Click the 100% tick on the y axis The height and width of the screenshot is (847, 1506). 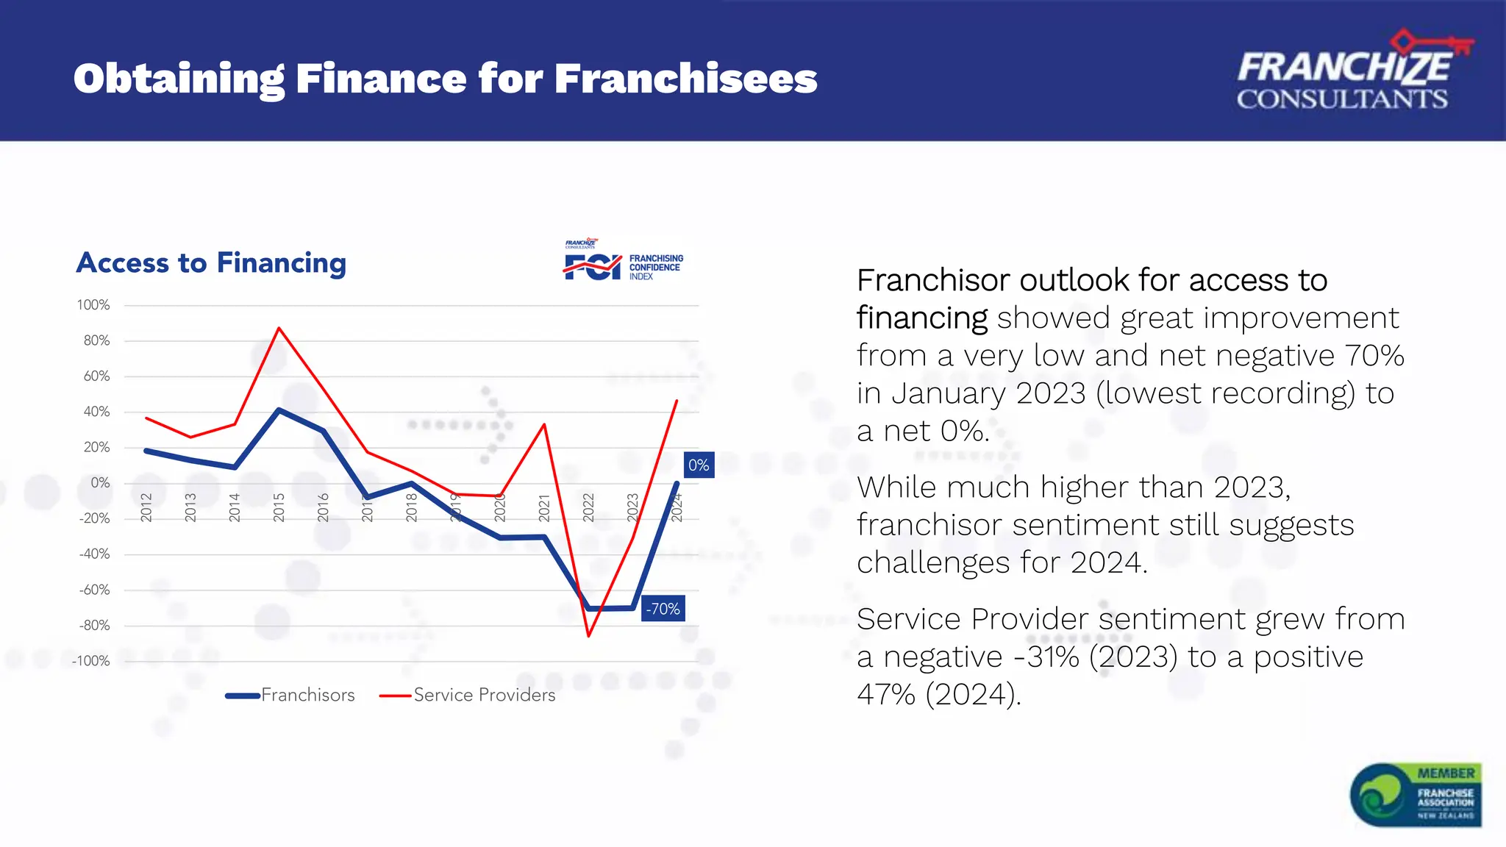(93, 305)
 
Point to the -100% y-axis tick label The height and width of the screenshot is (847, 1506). (91, 661)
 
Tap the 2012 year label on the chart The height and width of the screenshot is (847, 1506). (146, 507)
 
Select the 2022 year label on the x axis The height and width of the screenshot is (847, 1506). (588, 507)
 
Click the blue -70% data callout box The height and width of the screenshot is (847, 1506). (663, 609)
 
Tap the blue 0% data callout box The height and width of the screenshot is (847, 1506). (699, 465)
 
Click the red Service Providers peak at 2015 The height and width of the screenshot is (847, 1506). (279, 328)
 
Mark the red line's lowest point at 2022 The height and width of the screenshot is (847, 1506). (588, 635)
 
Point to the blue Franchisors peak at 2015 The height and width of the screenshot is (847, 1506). (279, 410)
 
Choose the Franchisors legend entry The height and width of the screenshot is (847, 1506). (290, 695)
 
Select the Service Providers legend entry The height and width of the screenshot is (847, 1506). (468, 695)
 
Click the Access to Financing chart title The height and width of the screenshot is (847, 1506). (211, 263)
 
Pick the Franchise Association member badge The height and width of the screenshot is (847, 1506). (1416, 795)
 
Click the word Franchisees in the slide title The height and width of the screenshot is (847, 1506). (685, 79)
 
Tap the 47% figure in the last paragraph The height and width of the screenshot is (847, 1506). (887, 695)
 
